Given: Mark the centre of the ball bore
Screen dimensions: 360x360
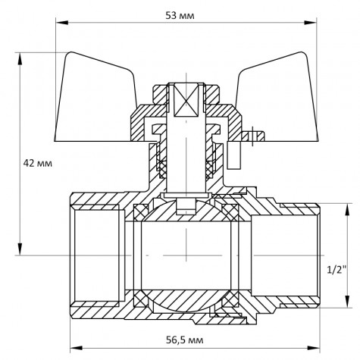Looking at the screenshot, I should pos(182,250).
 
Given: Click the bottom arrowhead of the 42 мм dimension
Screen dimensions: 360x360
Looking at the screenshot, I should pos(19,250).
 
